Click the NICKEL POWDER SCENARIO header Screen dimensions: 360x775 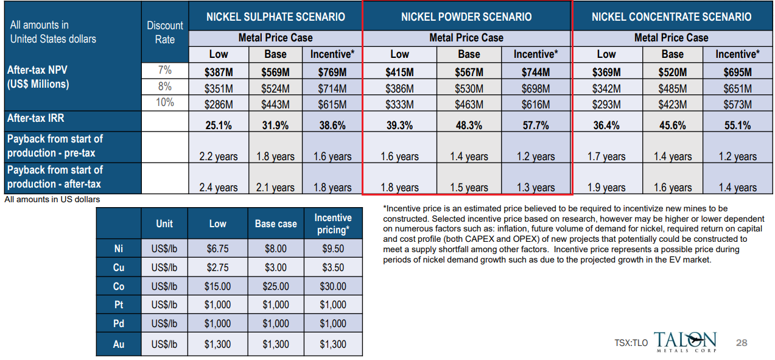466,16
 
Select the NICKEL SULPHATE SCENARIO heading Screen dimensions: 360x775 275,16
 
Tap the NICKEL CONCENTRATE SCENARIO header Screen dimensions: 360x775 672,16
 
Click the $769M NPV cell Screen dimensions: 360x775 332,72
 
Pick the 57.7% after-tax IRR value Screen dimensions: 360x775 535,125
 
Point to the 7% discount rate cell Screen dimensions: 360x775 165,71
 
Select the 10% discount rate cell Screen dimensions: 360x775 165,102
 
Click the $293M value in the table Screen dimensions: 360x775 606,104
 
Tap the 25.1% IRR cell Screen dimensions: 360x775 219,125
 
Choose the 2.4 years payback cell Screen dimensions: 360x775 219,188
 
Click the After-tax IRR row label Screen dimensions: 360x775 37,118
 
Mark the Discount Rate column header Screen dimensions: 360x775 165,32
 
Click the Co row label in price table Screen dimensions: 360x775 119,286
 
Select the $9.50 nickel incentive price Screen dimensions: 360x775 333,248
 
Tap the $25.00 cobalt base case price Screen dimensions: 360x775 276,286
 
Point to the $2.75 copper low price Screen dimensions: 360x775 218,267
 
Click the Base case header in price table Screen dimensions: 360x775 276,224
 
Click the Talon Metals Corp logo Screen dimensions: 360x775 685,342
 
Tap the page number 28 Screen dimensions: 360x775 742,343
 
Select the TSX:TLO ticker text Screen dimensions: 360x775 631,344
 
